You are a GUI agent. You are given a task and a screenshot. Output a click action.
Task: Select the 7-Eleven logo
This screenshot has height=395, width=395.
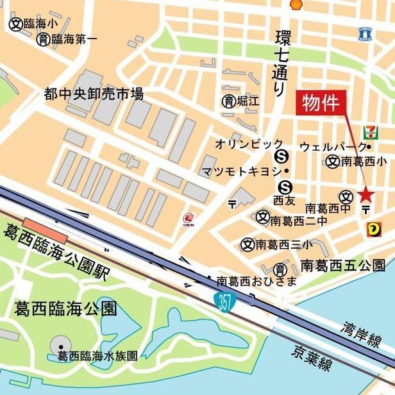point(369,133)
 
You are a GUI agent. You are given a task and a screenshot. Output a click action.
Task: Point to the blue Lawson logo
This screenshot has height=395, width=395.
point(366,34)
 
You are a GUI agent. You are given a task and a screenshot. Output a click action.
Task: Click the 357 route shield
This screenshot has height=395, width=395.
point(224,301)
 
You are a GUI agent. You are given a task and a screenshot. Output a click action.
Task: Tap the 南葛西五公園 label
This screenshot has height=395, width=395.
point(343,264)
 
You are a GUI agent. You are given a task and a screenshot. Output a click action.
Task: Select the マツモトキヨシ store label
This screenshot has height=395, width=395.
point(241,171)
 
